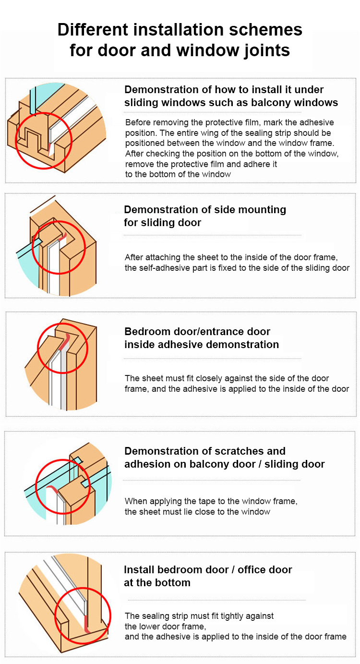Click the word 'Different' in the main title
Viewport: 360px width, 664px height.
click(x=93, y=30)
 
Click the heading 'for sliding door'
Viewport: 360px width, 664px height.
click(x=162, y=223)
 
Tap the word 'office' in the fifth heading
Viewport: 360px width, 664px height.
click(x=253, y=570)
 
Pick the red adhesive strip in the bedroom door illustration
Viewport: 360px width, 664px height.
click(x=65, y=342)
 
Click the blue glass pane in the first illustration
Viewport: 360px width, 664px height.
click(x=47, y=97)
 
